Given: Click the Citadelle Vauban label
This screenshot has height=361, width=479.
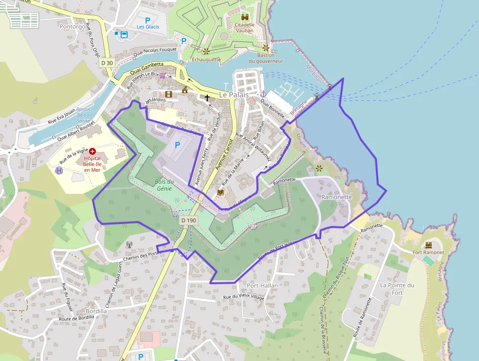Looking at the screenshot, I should coord(244,27).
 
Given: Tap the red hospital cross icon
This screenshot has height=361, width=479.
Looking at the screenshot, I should coord(92,152).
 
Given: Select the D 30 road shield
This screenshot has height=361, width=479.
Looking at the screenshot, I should coord(107,63).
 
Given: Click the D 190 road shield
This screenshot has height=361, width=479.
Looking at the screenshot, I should coord(188,220).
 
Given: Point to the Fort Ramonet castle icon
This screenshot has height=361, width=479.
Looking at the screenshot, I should coord(429,244).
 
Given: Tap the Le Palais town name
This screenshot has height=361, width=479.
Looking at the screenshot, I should coord(234,95).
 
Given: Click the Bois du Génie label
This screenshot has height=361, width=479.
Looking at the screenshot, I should coord(164,185).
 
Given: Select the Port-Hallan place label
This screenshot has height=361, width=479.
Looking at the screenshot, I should coord(262,286).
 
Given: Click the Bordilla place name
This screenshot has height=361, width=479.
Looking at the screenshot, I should coord(96,311).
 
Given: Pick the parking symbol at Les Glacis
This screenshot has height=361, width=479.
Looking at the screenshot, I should coord(148,19).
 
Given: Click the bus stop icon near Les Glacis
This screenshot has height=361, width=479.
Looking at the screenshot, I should coord(124,35).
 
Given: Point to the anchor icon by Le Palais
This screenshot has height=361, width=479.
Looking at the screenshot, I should coord(262,94).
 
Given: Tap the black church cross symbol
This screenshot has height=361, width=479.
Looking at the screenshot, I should coord(207,98).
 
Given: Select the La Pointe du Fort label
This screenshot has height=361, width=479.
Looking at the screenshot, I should coord(397,289).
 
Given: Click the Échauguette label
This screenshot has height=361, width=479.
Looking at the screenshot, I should coord(206,59).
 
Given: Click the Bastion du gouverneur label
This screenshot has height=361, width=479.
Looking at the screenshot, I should coord(265,58).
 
